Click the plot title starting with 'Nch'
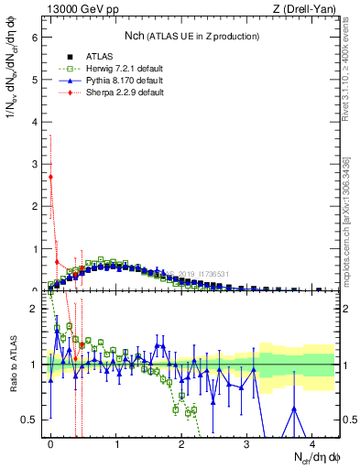[191, 36]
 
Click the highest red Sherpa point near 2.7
[51, 177]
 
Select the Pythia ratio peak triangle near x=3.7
[294, 409]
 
